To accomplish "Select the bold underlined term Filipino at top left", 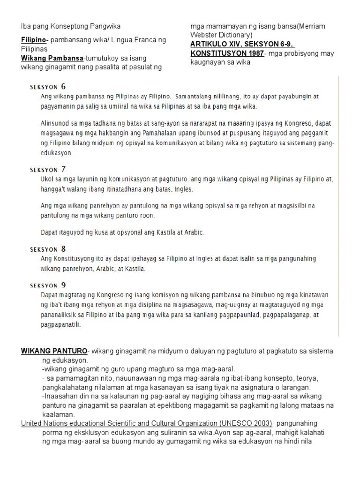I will coord(33,40).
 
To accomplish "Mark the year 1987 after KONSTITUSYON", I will coord(252,53).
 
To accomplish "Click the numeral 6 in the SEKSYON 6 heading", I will coord(64,86).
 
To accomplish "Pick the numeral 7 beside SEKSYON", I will coord(64,169).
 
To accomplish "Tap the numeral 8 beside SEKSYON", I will coord(64,249).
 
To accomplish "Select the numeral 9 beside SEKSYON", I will coord(64,285).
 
